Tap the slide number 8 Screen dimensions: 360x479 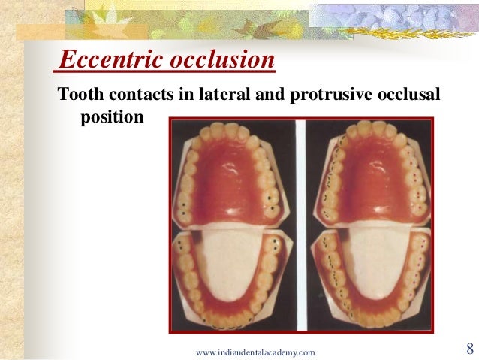coord(469,349)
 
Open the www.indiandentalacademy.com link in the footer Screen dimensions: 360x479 coord(255,352)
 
